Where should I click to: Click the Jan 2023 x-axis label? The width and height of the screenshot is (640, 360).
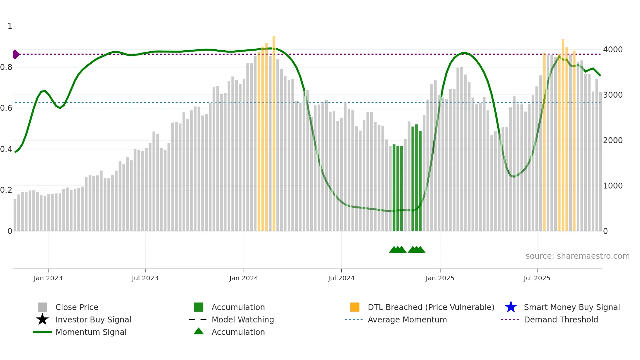[48, 278]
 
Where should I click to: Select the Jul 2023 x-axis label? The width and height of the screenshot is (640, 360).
[145, 278]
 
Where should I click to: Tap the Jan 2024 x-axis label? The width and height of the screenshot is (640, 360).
[244, 278]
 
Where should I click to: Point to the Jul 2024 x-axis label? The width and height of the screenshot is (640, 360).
[341, 278]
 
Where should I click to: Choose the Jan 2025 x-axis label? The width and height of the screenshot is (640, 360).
[440, 278]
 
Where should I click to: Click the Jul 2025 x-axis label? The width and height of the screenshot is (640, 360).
[537, 278]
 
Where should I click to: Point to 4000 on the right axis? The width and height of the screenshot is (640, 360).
[613, 50]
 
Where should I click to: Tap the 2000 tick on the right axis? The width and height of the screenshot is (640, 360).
[613, 140]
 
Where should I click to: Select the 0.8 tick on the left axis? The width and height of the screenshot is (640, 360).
[6, 67]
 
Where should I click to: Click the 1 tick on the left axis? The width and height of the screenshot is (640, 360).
[10, 26]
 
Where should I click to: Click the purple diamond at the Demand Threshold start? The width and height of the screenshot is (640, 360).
[16, 54]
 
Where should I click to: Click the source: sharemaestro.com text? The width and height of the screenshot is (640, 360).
[577, 256]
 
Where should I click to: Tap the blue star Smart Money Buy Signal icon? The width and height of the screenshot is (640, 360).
[511, 307]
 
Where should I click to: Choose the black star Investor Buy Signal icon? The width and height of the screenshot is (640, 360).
[42, 319]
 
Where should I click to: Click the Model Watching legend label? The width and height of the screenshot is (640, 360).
[243, 319]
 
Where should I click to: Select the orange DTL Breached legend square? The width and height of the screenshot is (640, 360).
[355, 307]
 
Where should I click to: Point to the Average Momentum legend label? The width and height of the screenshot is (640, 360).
[407, 319]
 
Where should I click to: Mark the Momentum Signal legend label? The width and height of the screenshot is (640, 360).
[91, 332]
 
